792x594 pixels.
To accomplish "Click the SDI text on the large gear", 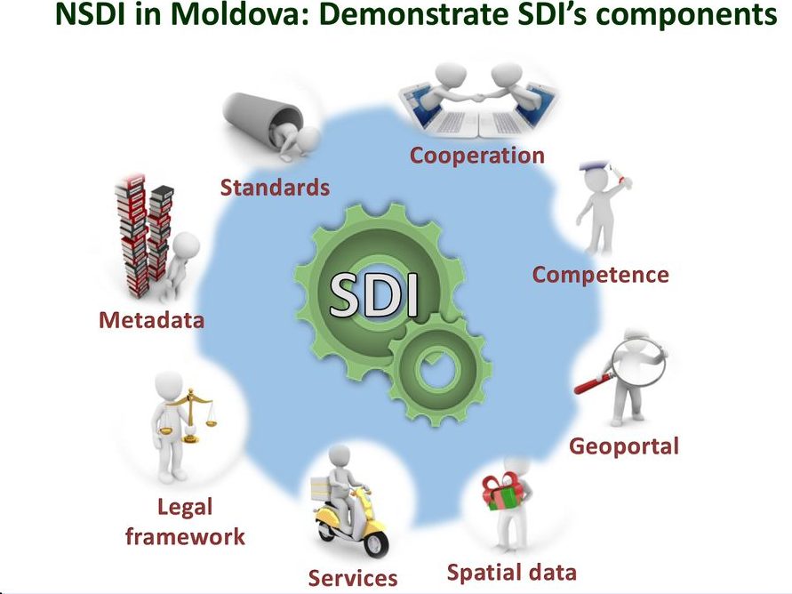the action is click(x=374, y=295).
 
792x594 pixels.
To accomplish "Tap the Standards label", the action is click(x=275, y=188).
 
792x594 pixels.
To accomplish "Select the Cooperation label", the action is click(x=476, y=155).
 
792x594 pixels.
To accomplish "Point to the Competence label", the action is click(x=601, y=276).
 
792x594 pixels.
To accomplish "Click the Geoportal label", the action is click(x=624, y=446).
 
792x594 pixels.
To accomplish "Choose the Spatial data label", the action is click(x=512, y=573).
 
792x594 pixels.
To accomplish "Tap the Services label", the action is click(x=353, y=578).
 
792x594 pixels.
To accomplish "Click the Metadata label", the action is click(x=151, y=320).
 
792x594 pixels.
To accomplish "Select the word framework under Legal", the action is click(x=185, y=536).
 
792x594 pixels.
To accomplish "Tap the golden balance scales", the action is click(x=188, y=415).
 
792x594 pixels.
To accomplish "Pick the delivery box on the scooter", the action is click(x=322, y=489).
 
